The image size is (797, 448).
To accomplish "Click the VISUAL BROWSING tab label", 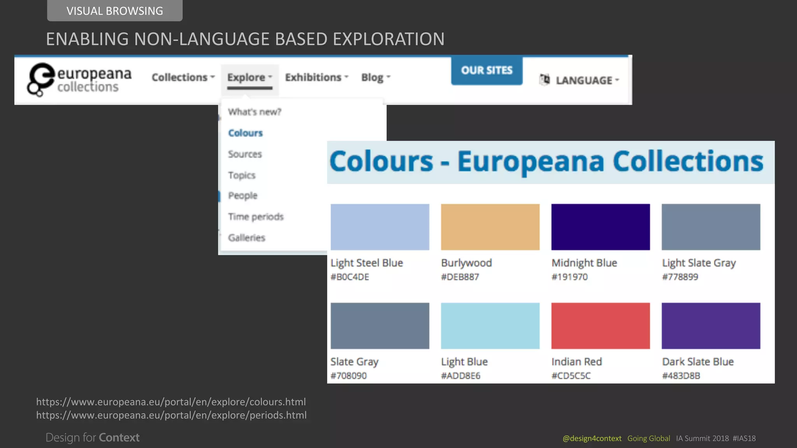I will [114, 11].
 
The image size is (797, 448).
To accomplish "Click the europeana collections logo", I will [79, 79].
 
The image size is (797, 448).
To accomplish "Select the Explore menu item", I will [249, 77].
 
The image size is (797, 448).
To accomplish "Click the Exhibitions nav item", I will [316, 77].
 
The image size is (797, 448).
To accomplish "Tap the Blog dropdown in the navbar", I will [376, 77].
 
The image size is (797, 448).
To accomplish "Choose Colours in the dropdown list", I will [245, 133].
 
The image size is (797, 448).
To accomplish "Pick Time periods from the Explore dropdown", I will [256, 217].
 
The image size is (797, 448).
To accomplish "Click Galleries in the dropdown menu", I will [246, 238].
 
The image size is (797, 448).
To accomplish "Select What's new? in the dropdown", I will [255, 112].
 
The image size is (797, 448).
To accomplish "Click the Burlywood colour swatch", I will [490, 227].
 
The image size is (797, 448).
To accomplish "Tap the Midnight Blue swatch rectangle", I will [600, 227].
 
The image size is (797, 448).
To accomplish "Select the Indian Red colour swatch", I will [600, 325].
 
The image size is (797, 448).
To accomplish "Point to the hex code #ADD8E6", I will [461, 376].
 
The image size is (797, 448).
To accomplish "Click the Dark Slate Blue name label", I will [698, 362].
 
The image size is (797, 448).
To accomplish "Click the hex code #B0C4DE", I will [350, 277].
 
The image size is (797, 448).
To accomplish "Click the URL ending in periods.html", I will [171, 415].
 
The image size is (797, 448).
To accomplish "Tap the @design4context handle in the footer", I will [592, 438].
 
